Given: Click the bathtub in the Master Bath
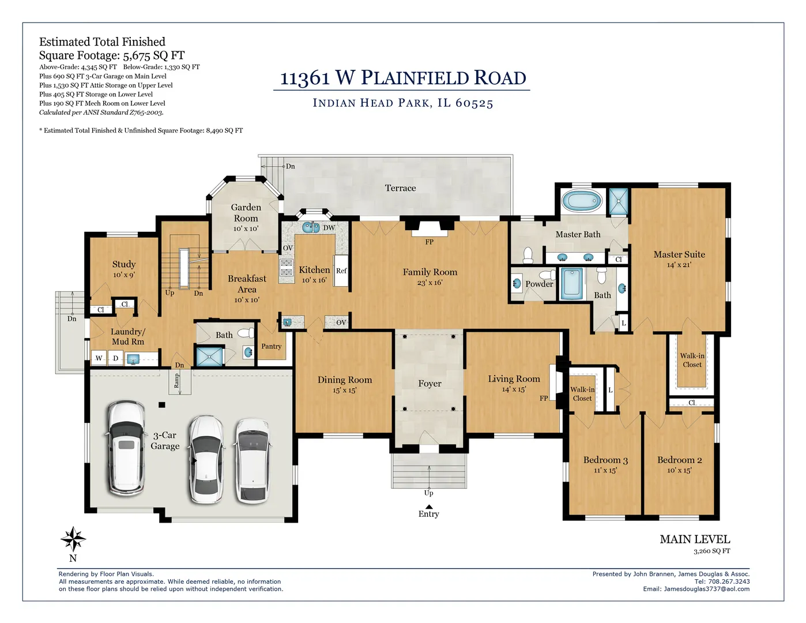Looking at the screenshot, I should pyautogui.click(x=582, y=202).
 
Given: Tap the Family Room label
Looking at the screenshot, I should pyautogui.click(x=430, y=272).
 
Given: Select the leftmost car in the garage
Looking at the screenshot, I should pyautogui.click(x=126, y=449).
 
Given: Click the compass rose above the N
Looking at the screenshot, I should pyautogui.click(x=73, y=539).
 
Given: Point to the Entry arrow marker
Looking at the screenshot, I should pyautogui.click(x=428, y=506).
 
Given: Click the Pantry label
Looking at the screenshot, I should pyautogui.click(x=271, y=347).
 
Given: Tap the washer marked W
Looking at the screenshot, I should pyautogui.click(x=99, y=358).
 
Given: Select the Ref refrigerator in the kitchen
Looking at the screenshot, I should pyautogui.click(x=341, y=271).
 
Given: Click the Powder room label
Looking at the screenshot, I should pyautogui.click(x=539, y=284).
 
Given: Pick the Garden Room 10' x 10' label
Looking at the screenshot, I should pyautogui.click(x=246, y=217).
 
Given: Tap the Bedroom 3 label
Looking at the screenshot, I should pyautogui.click(x=605, y=460).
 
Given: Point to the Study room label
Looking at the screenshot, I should pyautogui.click(x=124, y=264).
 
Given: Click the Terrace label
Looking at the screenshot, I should pyautogui.click(x=400, y=188).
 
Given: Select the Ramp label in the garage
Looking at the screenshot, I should pyautogui.click(x=177, y=381).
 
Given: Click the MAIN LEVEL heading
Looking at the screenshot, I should pyautogui.click(x=695, y=539).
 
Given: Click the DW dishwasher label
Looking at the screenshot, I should pyautogui.click(x=329, y=228).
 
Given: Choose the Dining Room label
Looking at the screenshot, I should pyautogui.click(x=345, y=380).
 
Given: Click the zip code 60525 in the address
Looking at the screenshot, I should pyautogui.click(x=474, y=103).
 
